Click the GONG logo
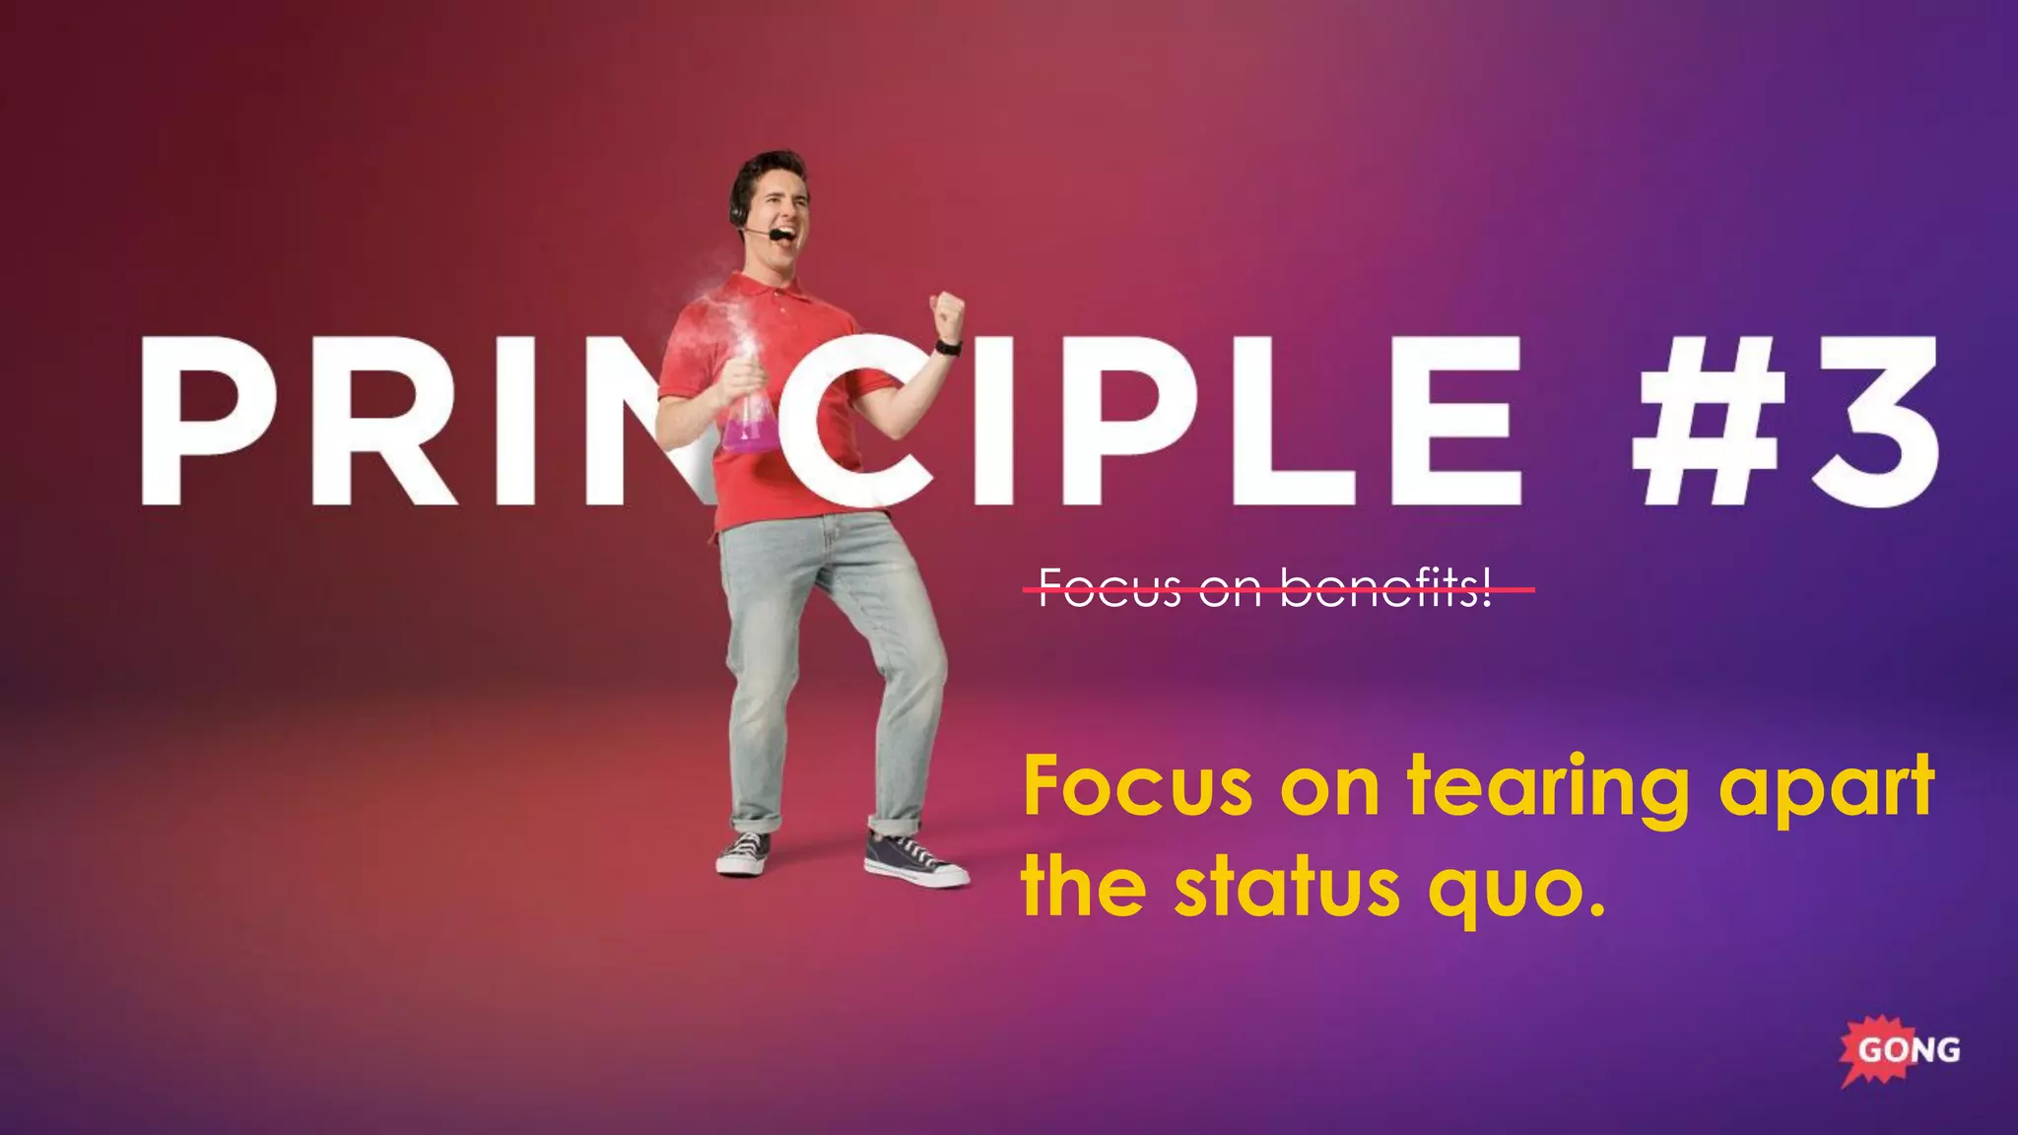click(x=1900, y=1050)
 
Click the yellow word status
click(x=1286, y=888)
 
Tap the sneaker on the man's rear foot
click(x=745, y=852)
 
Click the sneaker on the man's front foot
click(x=914, y=860)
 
